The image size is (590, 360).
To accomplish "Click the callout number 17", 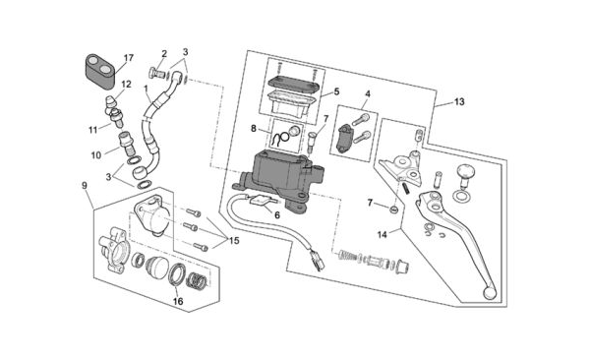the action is point(128,58).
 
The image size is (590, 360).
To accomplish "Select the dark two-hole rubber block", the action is point(100,72).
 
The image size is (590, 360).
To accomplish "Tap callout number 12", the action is point(126,85).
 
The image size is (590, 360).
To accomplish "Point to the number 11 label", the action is point(93,130).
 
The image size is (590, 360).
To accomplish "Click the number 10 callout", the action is point(96,154).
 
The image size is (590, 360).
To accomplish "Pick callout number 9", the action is point(85,185).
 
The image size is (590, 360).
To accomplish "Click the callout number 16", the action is point(178,301).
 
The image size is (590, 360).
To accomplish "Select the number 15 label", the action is point(234,240).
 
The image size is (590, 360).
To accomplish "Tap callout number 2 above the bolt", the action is point(164,53).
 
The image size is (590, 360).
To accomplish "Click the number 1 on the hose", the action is point(146,89).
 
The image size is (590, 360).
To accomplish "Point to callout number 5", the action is point(336,91).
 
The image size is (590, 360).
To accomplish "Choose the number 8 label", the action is point(254,129).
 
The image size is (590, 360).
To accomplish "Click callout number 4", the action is point(367,93).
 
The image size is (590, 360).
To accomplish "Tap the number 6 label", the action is point(277,215).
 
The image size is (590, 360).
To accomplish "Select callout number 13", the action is point(459,101).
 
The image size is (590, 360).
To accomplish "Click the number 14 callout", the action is point(382,235).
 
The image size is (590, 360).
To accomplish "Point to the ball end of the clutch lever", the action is point(490,293).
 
